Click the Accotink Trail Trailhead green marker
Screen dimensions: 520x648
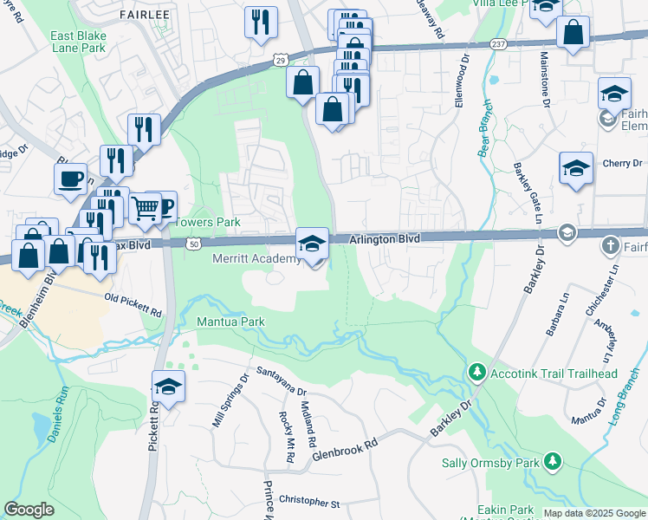point(476,373)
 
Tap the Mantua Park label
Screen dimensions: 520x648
point(230,322)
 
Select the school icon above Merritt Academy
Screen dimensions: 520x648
point(313,244)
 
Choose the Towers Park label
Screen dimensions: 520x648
point(208,223)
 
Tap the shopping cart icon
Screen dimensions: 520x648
point(145,208)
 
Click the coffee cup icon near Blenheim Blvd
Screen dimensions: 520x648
point(70,179)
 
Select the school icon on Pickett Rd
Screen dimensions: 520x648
point(169,387)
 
